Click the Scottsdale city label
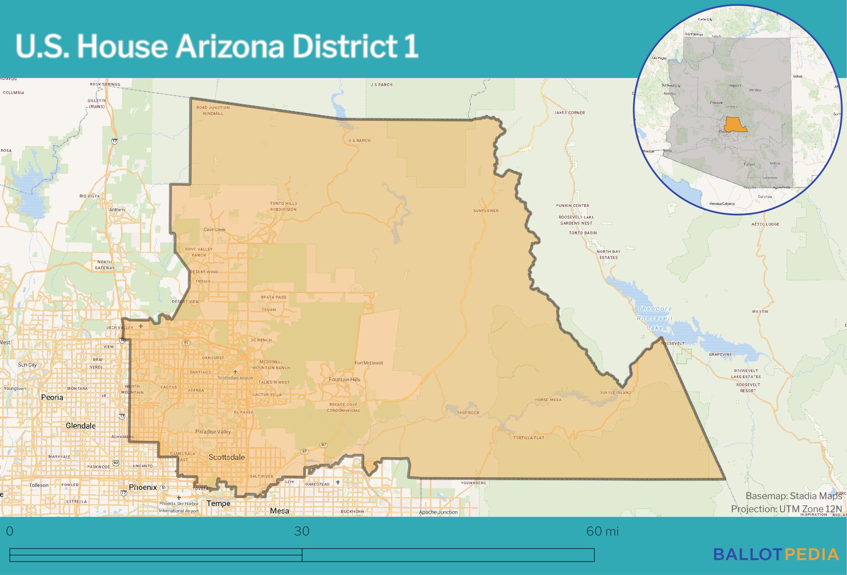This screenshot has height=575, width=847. [226, 457]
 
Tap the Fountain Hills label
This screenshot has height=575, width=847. [344, 379]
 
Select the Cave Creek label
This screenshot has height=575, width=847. [215, 230]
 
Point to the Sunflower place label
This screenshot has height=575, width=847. [486, 211]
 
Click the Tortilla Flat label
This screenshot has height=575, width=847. [528, 438]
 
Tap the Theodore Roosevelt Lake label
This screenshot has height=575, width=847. [655, 318]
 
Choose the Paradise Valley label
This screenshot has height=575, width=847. [213, 432]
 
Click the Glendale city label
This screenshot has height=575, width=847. [81, 426]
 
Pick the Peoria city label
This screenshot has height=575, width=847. [52, 397]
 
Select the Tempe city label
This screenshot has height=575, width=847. [219, 503]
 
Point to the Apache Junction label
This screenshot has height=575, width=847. [438, 512]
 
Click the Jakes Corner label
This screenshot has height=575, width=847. [569, 113]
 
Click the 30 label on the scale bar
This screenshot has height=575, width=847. [302, 531]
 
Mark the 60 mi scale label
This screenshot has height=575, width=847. [602, 531]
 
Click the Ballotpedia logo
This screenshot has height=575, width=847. [776, 554]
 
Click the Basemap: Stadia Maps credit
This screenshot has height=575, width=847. [794, 496]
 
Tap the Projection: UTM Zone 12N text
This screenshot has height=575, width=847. [786, 509]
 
